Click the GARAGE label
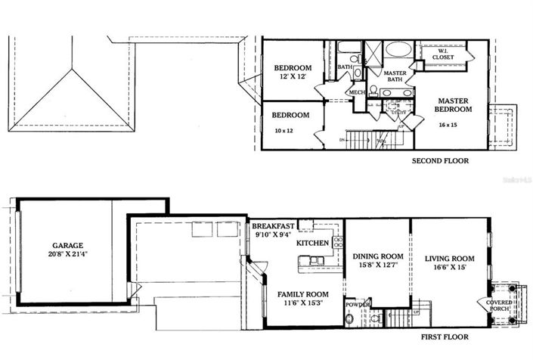pyautogui.click(x=67, y=246)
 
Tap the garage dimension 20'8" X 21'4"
pyautogui.click(x=67, y=255)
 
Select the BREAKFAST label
pyautogui.click(x=274, y=225)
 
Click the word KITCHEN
pyautogui.click(x=311, y=243)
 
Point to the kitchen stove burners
pyautogui.click(x=338, y=243)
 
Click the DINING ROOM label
pyautogui.click(x=377, y=256)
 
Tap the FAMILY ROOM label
pyautogui.click(x=302, y=293)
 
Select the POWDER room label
pyautogui.click(x=357, y=304)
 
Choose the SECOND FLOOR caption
pyautogui.click(x=440, y=160)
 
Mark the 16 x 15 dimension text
pyautogui.click(x=454, y=124)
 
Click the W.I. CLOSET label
pyautogui.click(x=444, y=54)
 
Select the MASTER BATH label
pyautogui.click(x=395, y=76)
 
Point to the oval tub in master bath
pyautogui.click(x=398, y=50)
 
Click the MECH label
pyautogui.click(x=355, y=92)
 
